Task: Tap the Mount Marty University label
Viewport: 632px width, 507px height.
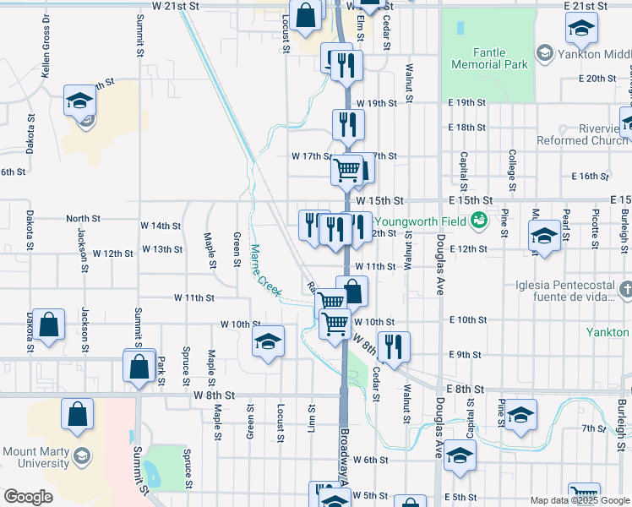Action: click(35, 457)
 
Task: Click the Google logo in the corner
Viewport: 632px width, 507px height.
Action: click(28, 497)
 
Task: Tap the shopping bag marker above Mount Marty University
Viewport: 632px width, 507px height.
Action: click(77, 414)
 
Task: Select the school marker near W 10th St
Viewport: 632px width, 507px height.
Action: click(269, 341)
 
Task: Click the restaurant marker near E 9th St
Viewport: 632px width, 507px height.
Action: click(393, 345)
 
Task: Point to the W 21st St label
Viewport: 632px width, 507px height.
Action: click(174, 6)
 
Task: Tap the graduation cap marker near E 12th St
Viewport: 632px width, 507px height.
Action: click(544, 236)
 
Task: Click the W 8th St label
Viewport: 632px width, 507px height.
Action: click(213, 395)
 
